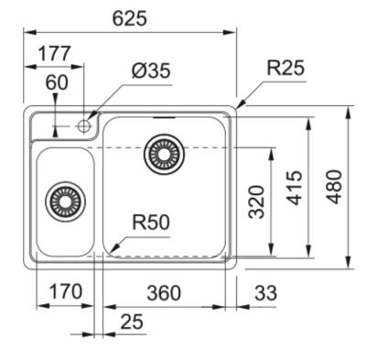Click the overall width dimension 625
click(130, 18)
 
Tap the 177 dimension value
click(55, 53)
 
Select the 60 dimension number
click(57, 82)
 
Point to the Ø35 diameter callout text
click(151, 71)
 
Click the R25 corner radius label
click(285, 68)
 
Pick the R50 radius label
click(151, 222)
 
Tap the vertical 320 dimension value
click(256, 202)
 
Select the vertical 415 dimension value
click(294, 188)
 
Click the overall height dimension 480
click(334, 187)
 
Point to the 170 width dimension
click(66, 291)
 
